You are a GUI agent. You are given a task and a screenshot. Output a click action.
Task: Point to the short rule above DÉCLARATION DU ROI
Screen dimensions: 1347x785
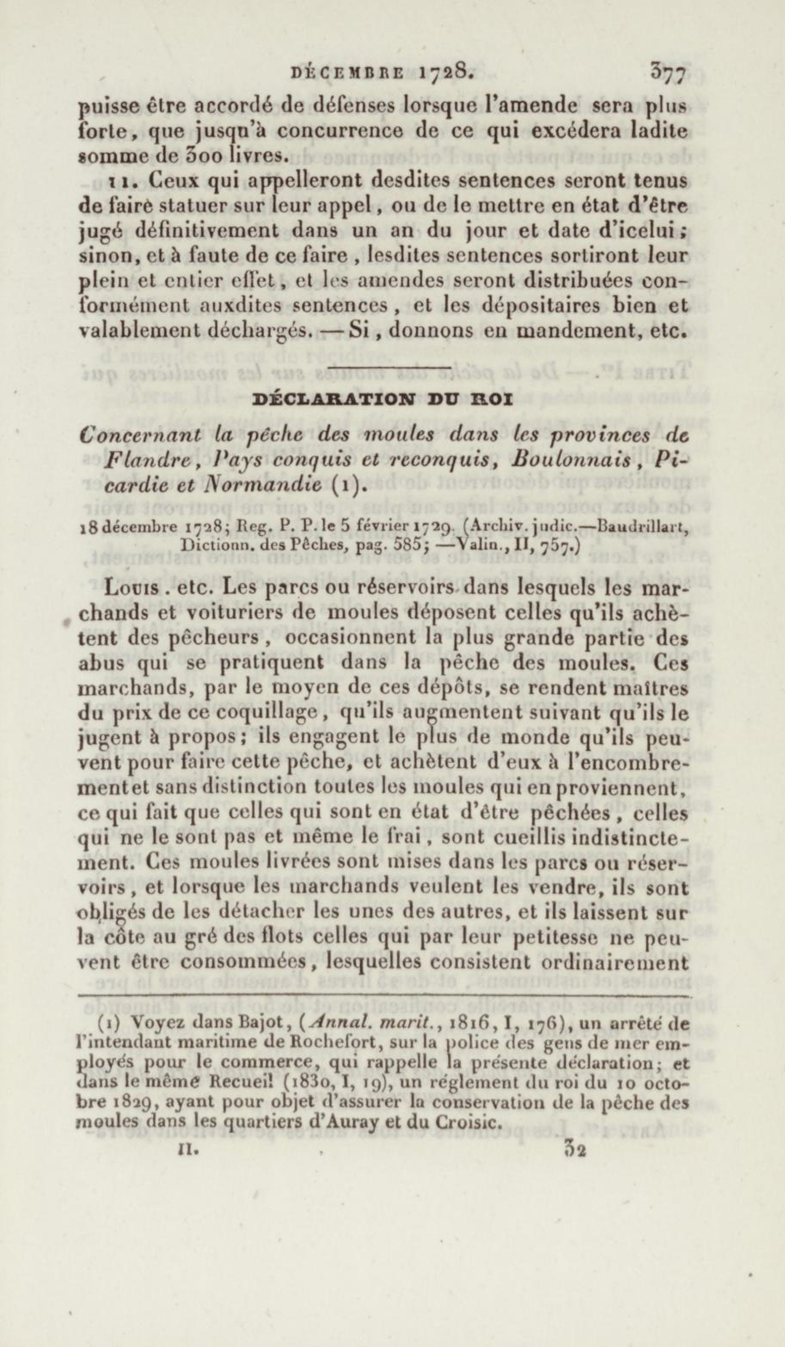(x=389, y=367)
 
